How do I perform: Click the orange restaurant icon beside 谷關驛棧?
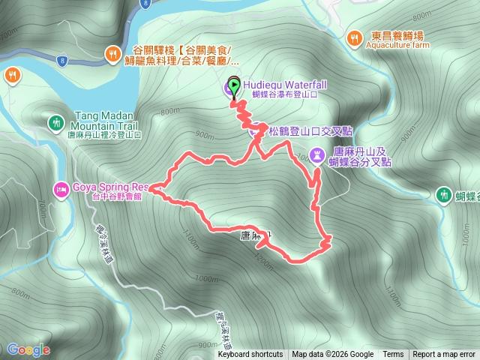click(112, 52)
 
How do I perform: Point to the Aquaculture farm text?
click(398, 45)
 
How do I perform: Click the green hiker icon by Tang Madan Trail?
click(56, 121)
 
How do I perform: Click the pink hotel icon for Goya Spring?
click(59, 187)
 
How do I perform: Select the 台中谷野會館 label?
click(104, 198)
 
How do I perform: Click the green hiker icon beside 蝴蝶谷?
click(444, 195)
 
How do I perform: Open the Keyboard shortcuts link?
click(250, 355)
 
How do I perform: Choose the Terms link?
click(393, 355)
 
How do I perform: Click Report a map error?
click(445, 355)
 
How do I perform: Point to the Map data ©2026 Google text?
click(333, 355)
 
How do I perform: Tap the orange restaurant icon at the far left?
click(13, 74)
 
